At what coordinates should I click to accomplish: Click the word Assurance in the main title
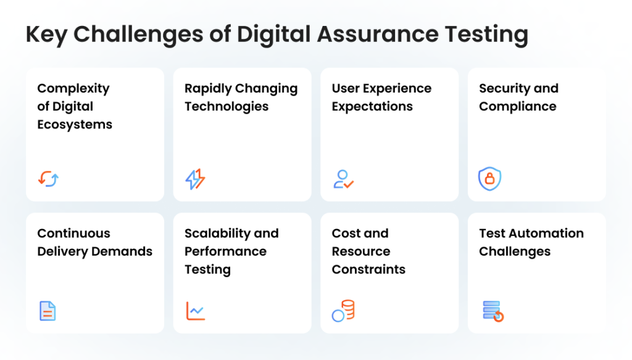tap(378, 34)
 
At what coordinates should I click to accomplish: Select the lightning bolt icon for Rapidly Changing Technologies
tap(195, 179)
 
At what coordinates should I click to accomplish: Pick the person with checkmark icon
tap(343, 180)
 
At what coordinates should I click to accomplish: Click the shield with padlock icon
tap(489, 178)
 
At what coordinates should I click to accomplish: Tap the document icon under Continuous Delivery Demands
tap(48, 311)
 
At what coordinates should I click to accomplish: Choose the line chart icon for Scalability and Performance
tap(196, 311)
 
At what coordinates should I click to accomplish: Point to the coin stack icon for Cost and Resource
tap(343, 311)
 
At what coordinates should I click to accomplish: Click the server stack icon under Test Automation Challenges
tap(493, 311)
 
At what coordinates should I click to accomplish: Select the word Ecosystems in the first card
tap(75, 125)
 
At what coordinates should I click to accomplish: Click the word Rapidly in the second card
tap(208, 89)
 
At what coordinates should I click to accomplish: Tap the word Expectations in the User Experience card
tap(372, 106)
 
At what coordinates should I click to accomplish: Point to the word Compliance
tap(518, 106)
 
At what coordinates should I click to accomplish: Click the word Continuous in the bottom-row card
tap(74, 233)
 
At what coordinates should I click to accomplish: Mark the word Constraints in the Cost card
tap(368, 269)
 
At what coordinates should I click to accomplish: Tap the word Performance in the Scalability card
tap(225, 251)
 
